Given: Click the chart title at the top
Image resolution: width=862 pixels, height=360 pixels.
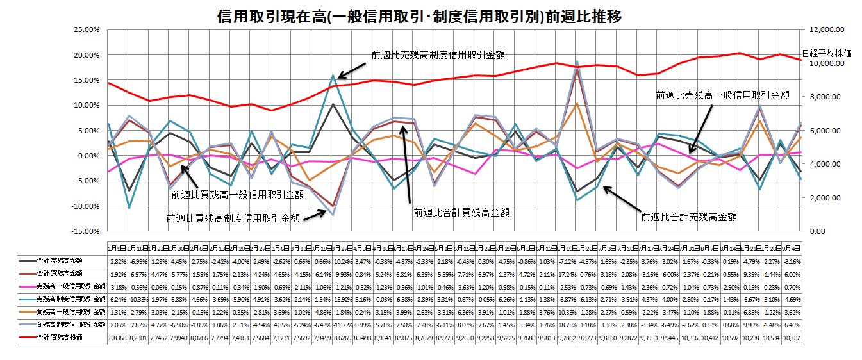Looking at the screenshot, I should tap(420, 17).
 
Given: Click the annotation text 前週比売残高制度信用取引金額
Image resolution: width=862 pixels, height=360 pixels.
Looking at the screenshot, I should tap(438, 55).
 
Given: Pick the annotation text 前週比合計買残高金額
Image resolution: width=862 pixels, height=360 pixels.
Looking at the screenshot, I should tap(456, 212).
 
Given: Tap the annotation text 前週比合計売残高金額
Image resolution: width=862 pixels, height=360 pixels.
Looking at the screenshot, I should tap(688, 217).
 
